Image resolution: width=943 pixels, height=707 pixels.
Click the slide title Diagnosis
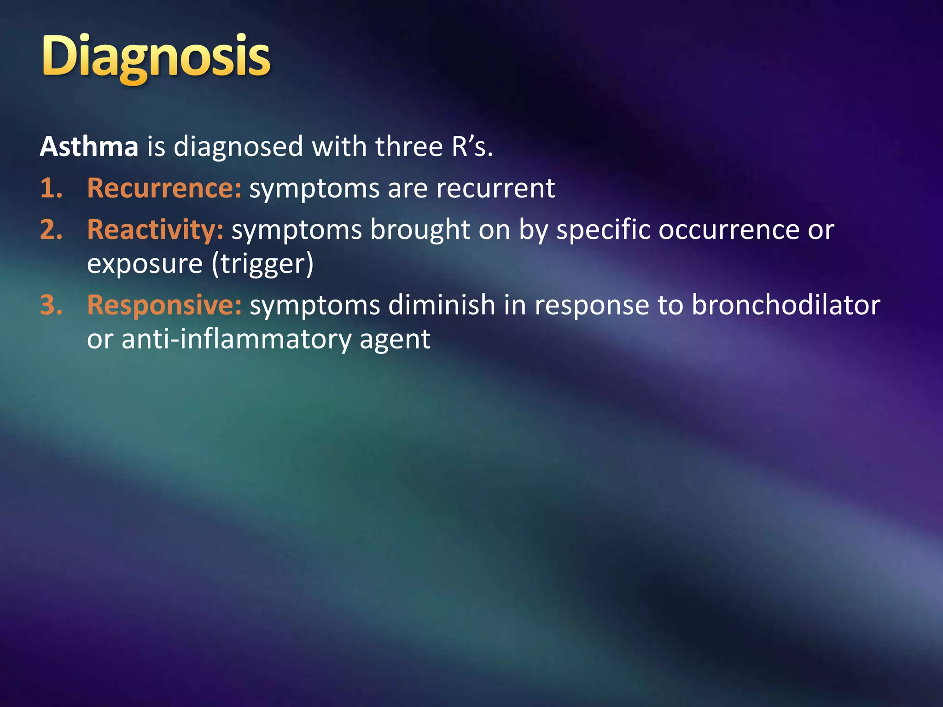(156, 58)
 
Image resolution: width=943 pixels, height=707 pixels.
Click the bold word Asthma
(89, 147)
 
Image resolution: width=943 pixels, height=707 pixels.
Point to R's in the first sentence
(471, 147)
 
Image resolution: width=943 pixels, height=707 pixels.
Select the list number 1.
(51, 189)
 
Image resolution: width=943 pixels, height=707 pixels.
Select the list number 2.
(51, 230)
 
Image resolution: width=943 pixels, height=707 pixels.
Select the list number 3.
(51, 305)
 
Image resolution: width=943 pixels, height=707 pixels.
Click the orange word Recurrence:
(164, 189)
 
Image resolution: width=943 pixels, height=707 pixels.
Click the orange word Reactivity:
(155, 230)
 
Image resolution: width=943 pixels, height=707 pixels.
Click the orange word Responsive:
(164, 305)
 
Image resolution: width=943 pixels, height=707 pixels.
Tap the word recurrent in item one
(495, 189)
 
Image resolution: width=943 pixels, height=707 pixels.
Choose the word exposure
(145, 264)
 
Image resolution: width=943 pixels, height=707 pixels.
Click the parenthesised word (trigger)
(262, 264)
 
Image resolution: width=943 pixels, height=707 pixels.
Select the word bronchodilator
(786, 305)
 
